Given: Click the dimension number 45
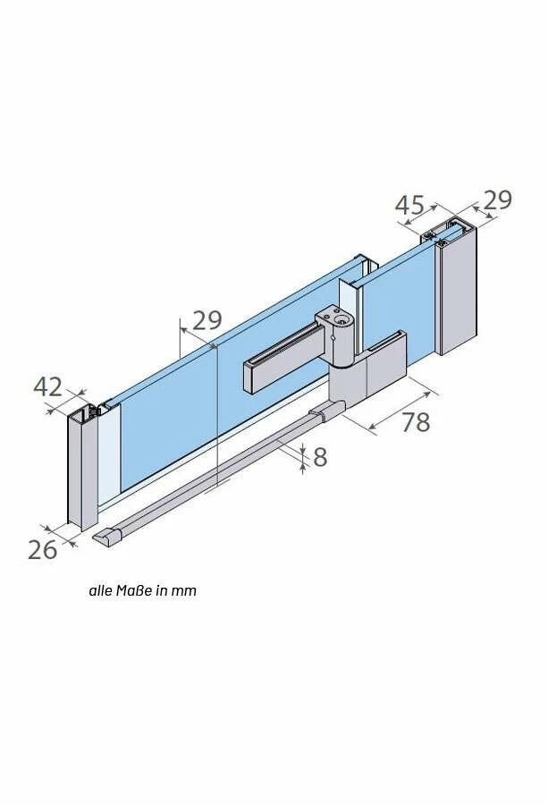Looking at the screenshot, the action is pyautogui.click(x=409, y=205).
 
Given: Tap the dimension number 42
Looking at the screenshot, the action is pyautogui.click(x=47, y=386).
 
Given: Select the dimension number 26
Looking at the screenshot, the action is pyautogui.click(x=42, y=550).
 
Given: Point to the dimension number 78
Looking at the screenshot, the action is pyautogui.click(x=416, y=422).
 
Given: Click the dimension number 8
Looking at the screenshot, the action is pyautogui.click(x=320, y=457).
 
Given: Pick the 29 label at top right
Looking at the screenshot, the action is pyautogui.click(x=497, y=199).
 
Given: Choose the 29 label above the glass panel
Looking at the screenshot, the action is pyautogui.click(x=207, y=320).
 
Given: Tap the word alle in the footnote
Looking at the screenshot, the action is pyautogui.click(x=100, y=590).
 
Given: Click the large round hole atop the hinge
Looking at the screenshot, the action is pyautogui.click(x=341, y=321).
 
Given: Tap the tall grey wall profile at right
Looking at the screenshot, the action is pyautogui.click(x=459, y=290).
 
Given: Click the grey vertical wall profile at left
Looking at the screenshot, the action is pyautogui.click(x=81, y=468).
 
